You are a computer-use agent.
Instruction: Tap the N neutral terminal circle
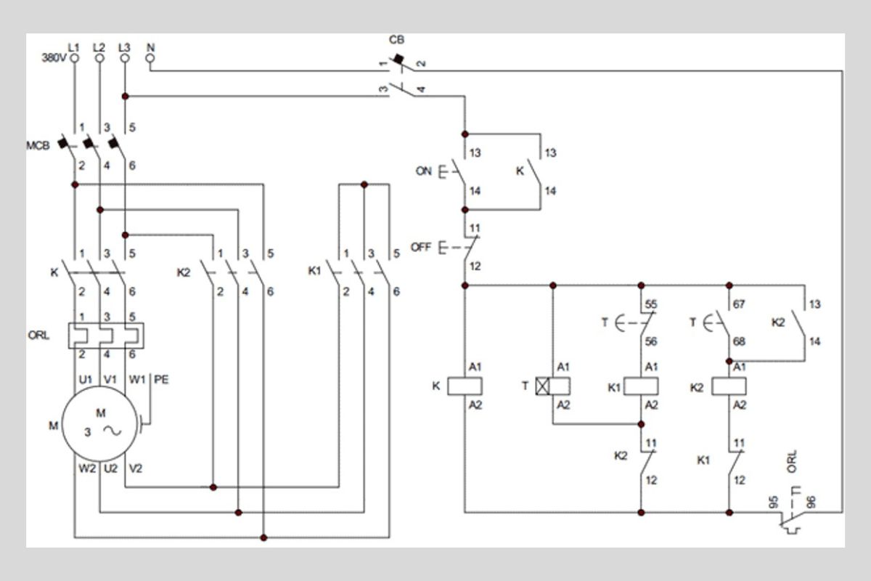150,60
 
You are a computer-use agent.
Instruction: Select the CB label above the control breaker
396,40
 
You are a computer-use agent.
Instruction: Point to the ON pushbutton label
423,171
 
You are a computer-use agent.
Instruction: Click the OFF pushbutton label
422,247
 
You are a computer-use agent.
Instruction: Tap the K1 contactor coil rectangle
642,386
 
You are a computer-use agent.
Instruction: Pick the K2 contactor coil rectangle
729,386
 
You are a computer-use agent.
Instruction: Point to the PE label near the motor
161,379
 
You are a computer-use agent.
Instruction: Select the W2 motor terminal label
87,468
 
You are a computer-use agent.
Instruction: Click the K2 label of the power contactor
184,272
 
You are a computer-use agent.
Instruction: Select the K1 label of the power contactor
314,272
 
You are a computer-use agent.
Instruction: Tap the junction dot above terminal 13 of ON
465,134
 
